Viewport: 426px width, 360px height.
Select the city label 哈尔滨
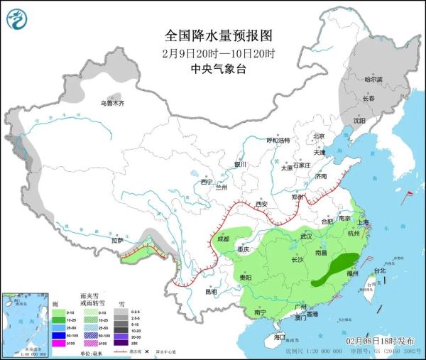click(x=373, y=80)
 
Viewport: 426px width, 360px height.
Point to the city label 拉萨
click(x=117, y=241)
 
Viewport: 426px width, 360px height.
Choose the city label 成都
click(x=224, y=239)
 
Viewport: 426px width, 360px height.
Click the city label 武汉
click(x=307, y=236)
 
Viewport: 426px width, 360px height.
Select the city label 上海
click(x=364, y=222)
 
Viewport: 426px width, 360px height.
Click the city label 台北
click(x=379, y=271)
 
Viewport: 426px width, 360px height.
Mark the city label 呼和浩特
click(x=278, y=141)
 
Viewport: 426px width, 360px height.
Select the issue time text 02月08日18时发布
click(x=380, y=342)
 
